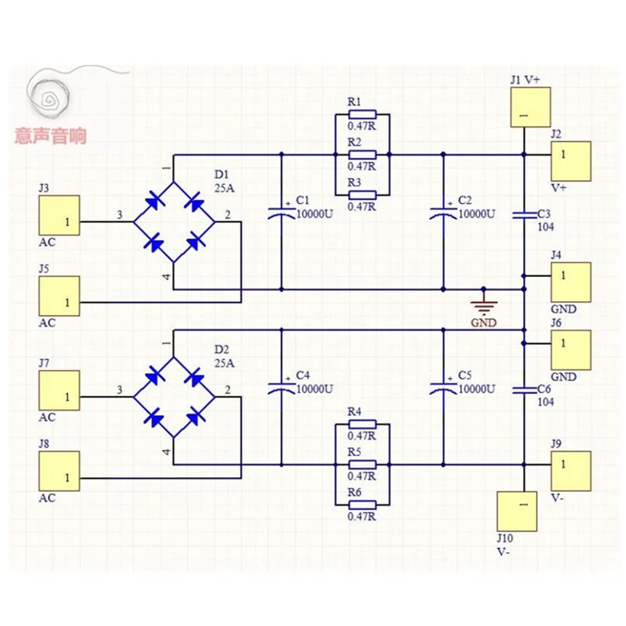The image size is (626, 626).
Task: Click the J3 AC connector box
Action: pyautogui.click(x=59, y=215)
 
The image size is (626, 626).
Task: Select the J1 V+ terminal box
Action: pyautogui.click(x=530, y=107)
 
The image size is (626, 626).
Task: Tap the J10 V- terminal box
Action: pyautogui.click(x=516, y=511)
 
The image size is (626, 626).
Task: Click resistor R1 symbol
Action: pyautogui.click(x=362, y=115)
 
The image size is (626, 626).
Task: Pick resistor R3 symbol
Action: pyautogui.click(x=362, y=195)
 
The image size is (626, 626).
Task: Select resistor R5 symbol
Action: pyautogui.click(x=362, y=464)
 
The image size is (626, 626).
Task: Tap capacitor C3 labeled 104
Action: pyautogui.click(x=524, y=215)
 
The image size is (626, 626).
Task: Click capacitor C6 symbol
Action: pyautogui.click(x=524, y=389)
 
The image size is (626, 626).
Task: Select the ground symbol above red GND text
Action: pyautogui.click(x=483, y=306)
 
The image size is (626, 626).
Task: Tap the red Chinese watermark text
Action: pyautogui.click(x=51, y=136)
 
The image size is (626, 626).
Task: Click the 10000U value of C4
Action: pyautogui.click(x=314, y=388)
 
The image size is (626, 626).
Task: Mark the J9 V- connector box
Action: pyautogui.click(x=571, y=471)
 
